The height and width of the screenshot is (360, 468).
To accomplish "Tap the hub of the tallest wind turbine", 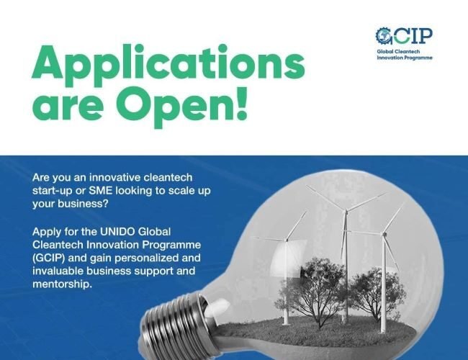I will pos(344,211).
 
